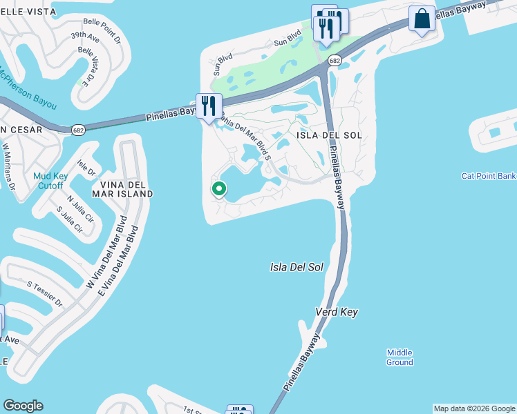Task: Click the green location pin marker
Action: [219, 188]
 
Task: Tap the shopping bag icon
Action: [422, 19]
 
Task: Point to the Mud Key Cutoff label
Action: [48, 181]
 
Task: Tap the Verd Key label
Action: [337, 313]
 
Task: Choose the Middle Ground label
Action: [399, 357]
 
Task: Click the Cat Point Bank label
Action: [489, 176]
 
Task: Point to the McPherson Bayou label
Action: [28, 90]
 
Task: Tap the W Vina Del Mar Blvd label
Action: [108, 255]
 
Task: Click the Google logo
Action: [23, 406]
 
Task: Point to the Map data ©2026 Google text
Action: [474, 408]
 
